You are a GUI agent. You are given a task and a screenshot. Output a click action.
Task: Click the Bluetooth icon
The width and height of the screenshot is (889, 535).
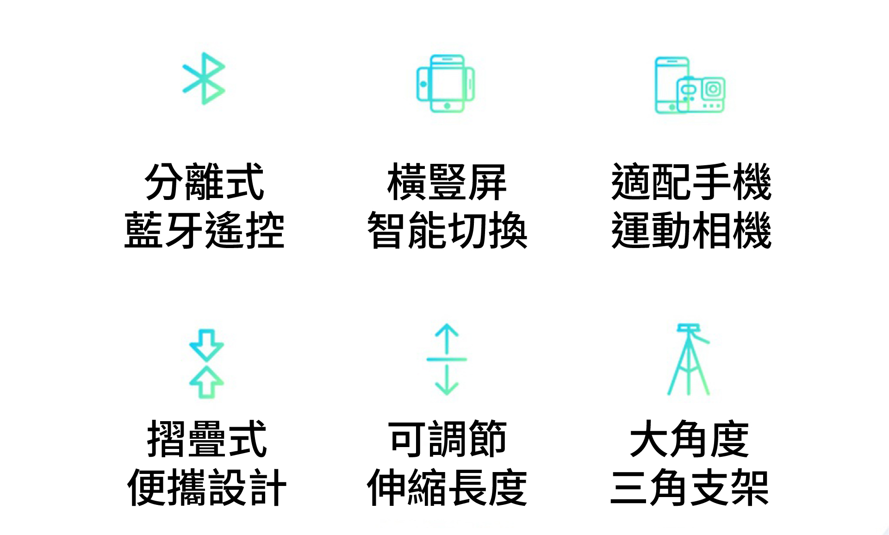204,79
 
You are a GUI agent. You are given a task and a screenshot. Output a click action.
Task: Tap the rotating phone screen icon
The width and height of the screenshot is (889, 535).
446,84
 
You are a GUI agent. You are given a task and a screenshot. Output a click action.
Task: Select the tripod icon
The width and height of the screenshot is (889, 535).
688,359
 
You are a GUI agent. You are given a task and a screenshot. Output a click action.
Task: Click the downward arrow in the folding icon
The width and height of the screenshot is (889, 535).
206,344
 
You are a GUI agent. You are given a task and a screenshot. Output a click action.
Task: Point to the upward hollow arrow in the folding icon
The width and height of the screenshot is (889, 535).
206,382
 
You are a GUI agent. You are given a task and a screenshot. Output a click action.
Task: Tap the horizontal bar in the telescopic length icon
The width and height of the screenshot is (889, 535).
447,359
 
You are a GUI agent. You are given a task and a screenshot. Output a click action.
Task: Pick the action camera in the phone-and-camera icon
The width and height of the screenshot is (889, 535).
701,94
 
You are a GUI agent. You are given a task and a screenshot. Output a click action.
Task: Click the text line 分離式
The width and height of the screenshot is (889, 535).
205,182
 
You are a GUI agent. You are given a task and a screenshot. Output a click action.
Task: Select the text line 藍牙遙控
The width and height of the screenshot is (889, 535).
205,230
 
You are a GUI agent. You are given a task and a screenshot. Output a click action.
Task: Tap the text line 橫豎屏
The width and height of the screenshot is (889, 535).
447,182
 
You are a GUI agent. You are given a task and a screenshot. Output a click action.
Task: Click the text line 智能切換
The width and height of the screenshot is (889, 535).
447,230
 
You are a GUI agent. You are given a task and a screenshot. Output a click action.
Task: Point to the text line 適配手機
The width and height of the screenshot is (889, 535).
691,182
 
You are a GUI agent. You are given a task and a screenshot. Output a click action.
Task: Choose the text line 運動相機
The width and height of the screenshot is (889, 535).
691,230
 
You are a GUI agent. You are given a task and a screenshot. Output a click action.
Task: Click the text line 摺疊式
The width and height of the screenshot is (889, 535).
206,439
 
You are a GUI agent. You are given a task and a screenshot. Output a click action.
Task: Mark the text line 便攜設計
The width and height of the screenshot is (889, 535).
206,487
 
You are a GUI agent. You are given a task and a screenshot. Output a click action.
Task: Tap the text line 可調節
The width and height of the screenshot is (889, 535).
447,439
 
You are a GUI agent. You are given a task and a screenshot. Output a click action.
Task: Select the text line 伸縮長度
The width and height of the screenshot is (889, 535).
447,487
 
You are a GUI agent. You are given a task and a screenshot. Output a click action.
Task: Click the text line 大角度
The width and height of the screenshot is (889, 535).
689,439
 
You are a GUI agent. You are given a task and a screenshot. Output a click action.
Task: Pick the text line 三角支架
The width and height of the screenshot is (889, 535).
689,487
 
